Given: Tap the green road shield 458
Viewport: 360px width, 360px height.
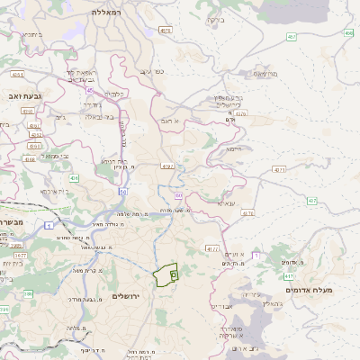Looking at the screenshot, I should pyautogui.click(x=348, y=33).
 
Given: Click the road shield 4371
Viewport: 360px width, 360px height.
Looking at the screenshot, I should pyautogui.click(x=280, y=168).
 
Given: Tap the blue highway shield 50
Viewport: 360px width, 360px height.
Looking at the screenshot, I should pyautogui.click(x=122, y=192).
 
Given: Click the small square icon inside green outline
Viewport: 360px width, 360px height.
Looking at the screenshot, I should pyautogui.click(x=173, y=274).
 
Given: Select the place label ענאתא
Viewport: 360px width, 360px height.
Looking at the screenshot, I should pyautogui.click(x=226, y=203).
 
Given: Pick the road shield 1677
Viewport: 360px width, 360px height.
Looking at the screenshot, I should pyautogui.click(x=20, y=256).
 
